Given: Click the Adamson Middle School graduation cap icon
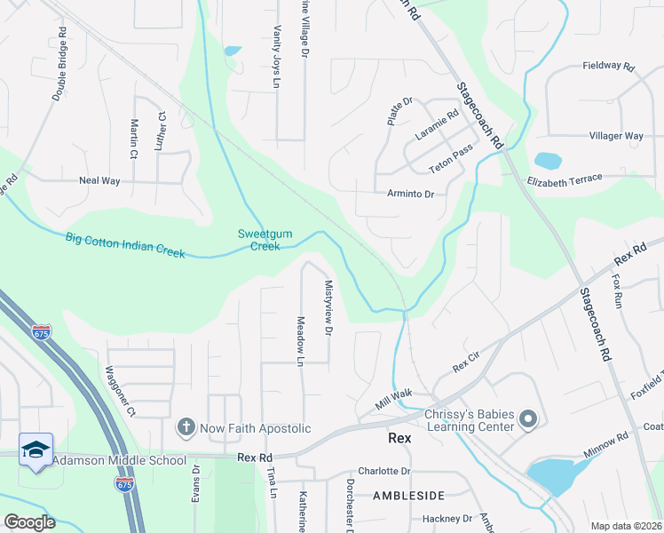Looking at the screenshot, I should click(x=36, y=449).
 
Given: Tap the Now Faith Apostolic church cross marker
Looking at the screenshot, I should click(x=186, y=428).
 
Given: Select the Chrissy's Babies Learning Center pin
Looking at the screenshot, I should click(x=529, y=418).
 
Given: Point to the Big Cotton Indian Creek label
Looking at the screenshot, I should click(x=125, y=245).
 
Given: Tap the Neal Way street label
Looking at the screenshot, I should click(x=99, y=180).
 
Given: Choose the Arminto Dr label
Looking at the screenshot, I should click(x=411, y=194).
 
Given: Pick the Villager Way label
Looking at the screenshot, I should click(x=616, y=136).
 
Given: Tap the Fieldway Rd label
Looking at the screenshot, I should click(x=609, y=67).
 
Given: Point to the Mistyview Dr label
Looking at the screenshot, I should click(x=328, y=308).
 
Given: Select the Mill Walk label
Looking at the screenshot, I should click(x=394, y=402).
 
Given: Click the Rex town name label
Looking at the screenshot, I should click(x=401, y=438).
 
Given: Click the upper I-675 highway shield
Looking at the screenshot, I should click(x=42, y=332).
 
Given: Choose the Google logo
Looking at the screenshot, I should click(x=29, y=522).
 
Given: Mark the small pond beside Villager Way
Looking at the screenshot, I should click(x=548, y=161).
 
